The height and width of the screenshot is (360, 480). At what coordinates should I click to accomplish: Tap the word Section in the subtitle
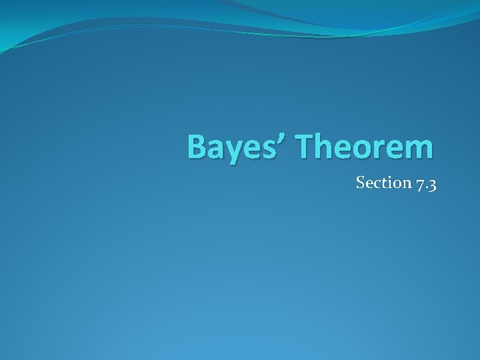(382, 183)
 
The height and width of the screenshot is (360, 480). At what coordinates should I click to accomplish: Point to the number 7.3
(425, 183)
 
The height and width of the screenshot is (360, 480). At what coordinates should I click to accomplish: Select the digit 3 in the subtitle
(432, 185)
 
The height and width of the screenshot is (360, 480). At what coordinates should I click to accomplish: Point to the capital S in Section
(361, 183)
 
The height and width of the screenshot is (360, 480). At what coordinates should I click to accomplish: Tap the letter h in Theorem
(326, 147)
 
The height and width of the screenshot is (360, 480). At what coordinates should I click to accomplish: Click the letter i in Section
(388, 182)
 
